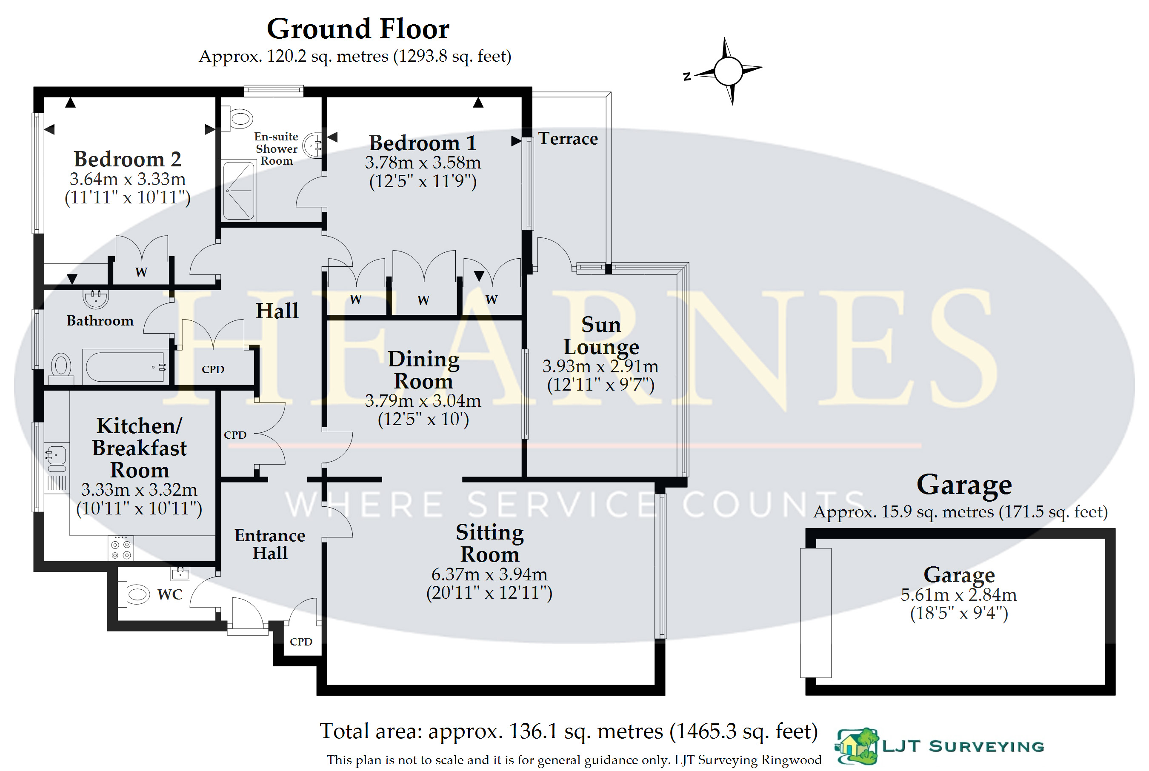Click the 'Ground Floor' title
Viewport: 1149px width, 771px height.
point(357,29)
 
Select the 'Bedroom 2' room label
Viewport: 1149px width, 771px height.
point(127,159)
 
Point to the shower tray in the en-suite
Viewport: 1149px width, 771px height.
point(239,190)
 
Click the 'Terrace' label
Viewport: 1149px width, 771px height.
point(568,139)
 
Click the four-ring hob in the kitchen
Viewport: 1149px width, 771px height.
point(121,550)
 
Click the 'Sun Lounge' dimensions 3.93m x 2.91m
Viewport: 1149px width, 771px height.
point(600,367)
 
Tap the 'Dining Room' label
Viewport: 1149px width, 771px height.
point(423,370)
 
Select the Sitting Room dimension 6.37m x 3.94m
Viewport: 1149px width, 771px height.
point(489,574)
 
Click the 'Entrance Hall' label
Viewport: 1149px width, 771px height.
point(269,544)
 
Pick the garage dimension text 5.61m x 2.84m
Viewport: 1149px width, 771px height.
point(958,595)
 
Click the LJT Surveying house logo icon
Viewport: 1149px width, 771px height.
point(857,746)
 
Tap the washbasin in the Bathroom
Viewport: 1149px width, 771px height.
point(95,298)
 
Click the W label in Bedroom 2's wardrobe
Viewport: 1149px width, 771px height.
point(141,272)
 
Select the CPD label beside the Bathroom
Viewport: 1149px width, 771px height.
point(213,369)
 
